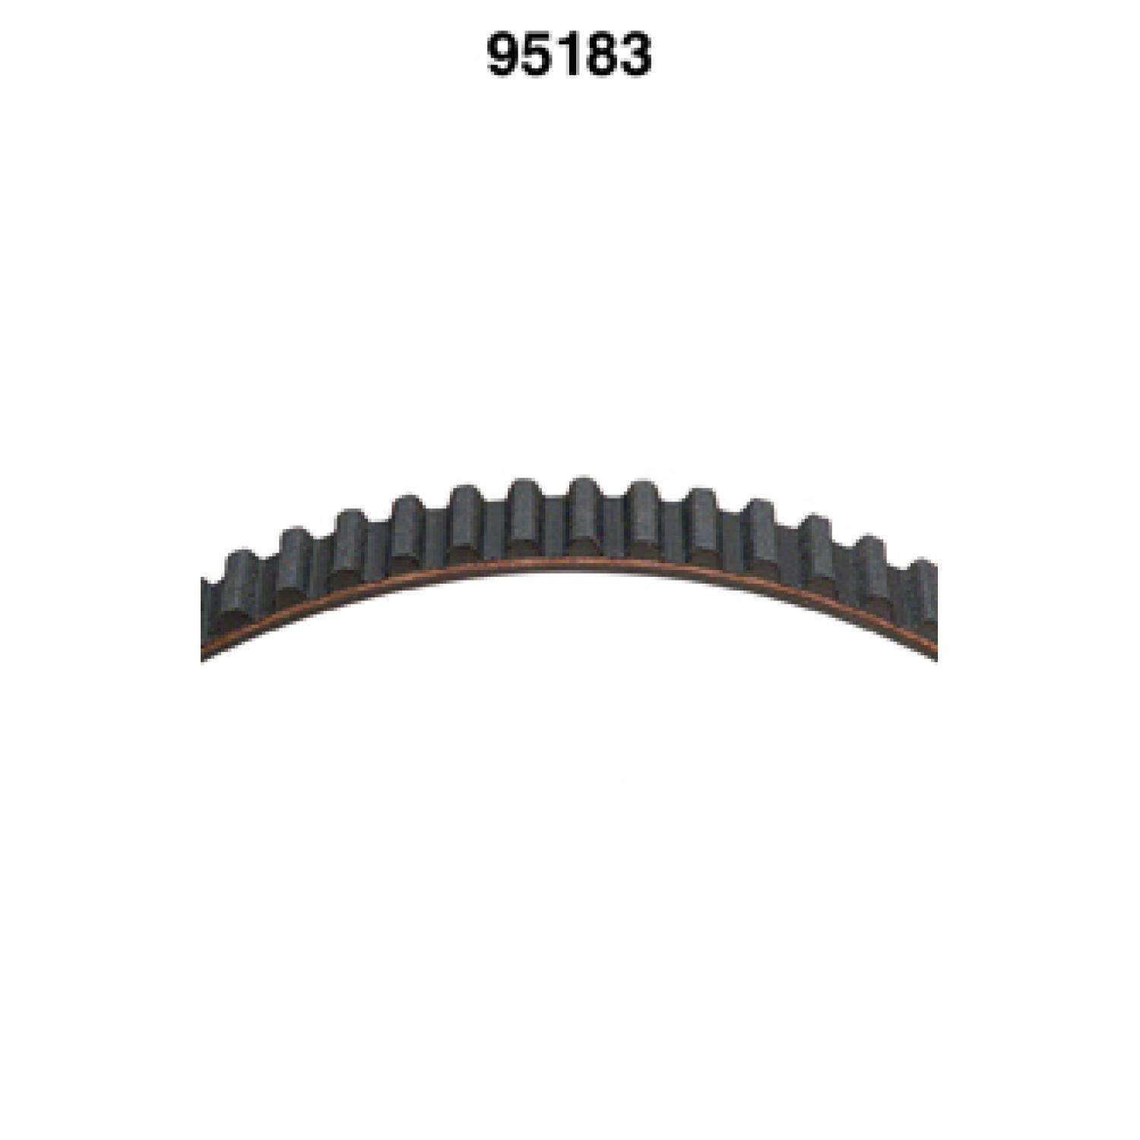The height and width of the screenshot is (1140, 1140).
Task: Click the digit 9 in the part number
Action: pos(503,55)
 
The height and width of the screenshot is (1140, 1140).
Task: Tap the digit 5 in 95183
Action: pos(537,55)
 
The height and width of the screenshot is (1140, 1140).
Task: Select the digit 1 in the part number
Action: pos(567,55)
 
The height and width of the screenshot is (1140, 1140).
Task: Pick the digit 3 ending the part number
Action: pos(635,55)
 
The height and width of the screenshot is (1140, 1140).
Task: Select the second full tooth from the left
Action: pos(296,563)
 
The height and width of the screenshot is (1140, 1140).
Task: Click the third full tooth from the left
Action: pos(351,544)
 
